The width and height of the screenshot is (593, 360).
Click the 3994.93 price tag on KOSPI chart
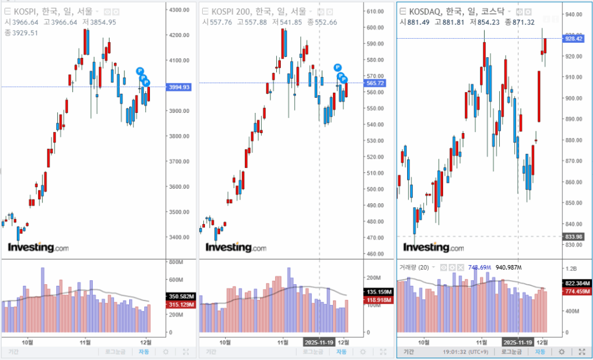pos(179,87)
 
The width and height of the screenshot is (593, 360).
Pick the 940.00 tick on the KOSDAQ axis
pos(574,14)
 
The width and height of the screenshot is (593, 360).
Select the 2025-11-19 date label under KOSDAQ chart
pos(518,341)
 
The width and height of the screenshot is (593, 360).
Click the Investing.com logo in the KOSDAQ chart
pos(433,248)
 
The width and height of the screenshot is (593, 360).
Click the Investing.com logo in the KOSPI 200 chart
pos(236,248)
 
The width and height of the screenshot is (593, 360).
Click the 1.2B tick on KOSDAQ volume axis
pos(571,269)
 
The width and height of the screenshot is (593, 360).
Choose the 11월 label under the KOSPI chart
pos(86,341)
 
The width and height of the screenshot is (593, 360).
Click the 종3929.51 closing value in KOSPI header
pos(21,32)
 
